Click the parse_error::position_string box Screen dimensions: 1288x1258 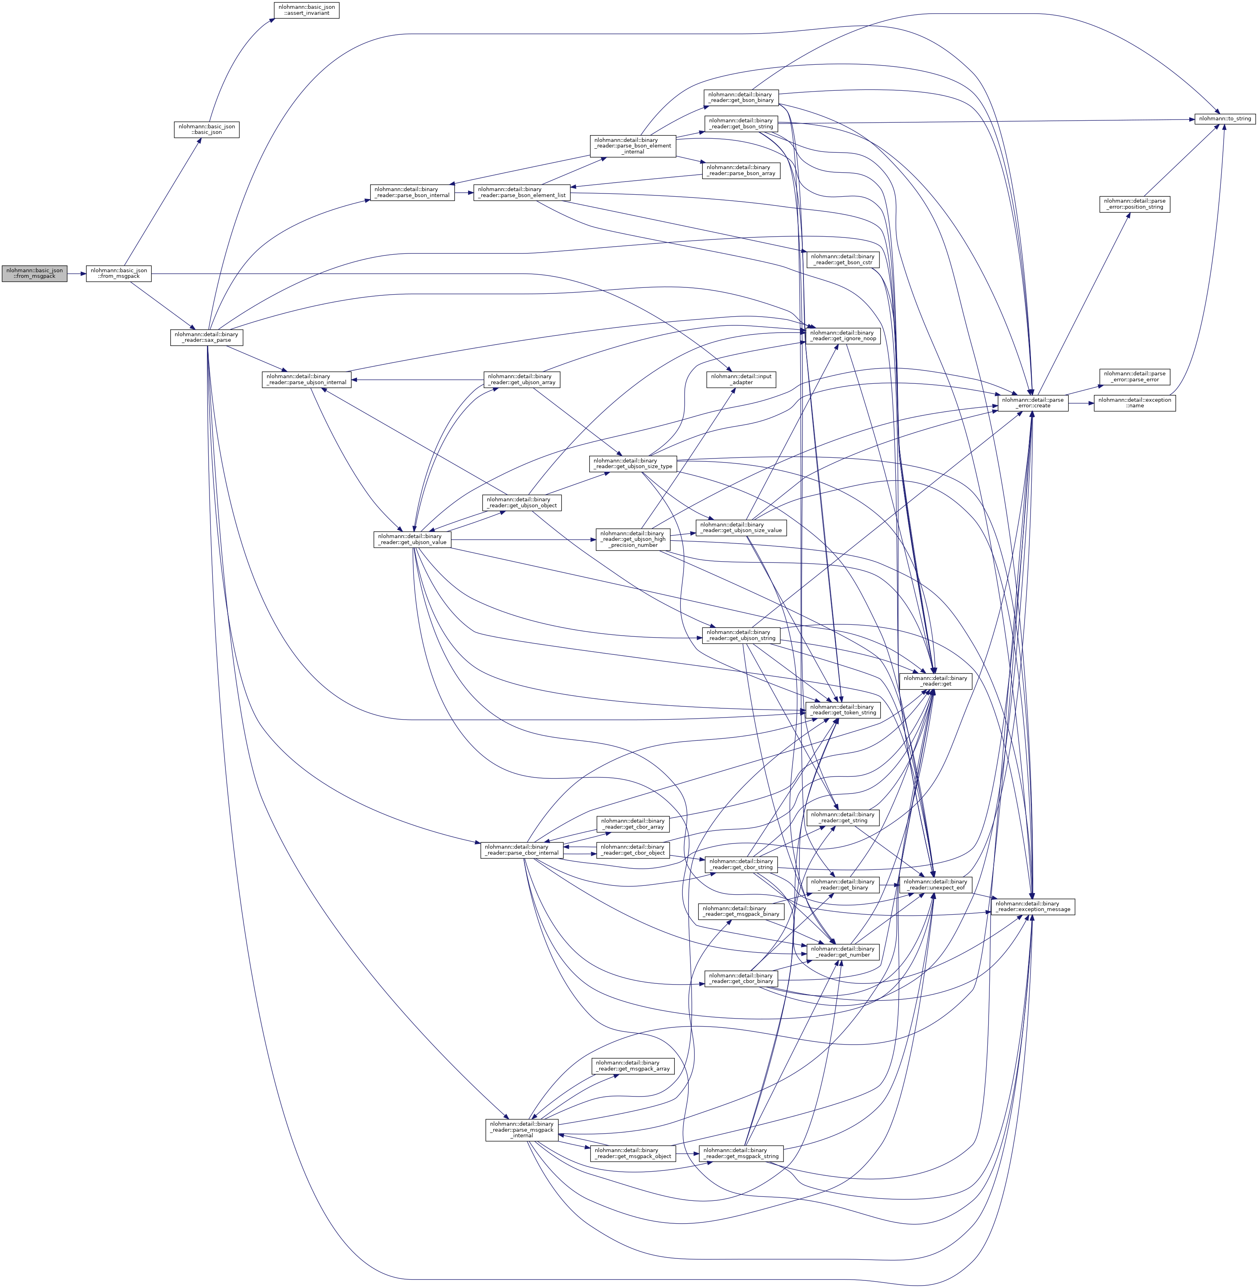(1134, 203)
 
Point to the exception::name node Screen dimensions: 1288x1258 (1134, 403)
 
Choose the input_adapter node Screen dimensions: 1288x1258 (741, 379)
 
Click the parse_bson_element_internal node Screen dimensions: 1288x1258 (633, 146)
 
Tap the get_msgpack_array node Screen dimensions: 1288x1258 (633, 1065)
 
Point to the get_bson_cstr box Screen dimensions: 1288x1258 (842, 259)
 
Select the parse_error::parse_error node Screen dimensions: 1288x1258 (1134, 377)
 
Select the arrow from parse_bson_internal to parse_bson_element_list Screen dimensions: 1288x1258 (464, 192)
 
